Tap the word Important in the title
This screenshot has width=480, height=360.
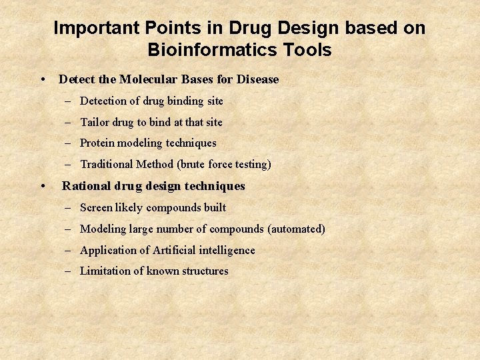(x=93, y=28)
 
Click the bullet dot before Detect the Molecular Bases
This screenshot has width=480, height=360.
(x=43, y=79)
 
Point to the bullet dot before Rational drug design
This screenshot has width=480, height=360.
(x=43, y=186)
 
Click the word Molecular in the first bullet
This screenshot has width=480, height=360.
(x=151, y=79)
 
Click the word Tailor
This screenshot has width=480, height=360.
(x=94, y=123)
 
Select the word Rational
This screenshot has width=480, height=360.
(x=85, y=186)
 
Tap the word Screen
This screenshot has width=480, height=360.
(x=96, y=208)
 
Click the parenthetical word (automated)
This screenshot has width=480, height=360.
(x=296, y=229)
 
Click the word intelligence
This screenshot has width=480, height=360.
(x=227, y=251)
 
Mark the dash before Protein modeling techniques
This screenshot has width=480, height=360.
(x=69, y=143)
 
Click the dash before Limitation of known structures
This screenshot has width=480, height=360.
(x=69, y=271)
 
